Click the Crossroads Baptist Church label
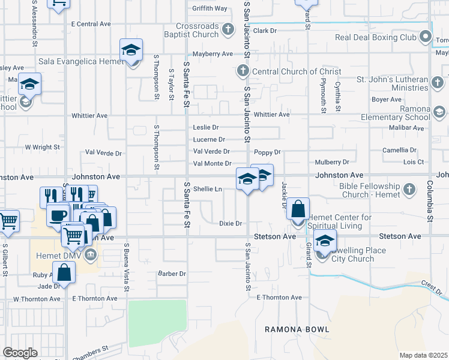tap(197, 30)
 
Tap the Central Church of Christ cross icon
tap(243, 71)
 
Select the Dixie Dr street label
tap(230, 224)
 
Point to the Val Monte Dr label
tap(212, 163)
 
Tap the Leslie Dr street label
tap(206, 127)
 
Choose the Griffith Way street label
tap(209, 8)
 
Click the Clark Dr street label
tap(265, 30)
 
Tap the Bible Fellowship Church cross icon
tap(409, 190)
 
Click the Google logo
tap(19, 353)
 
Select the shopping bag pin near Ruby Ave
tap(64, 272)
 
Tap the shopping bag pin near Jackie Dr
tap(298, 208)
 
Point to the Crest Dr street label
tap(431, 287)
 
